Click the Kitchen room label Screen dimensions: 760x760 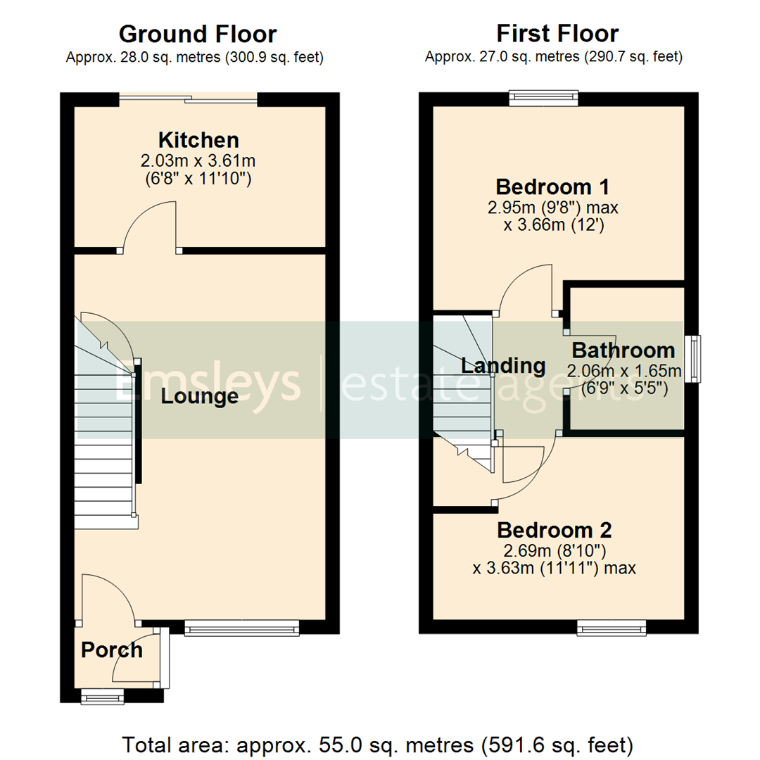(x=198, y=139)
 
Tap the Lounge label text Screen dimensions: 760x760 (x=200, y=397)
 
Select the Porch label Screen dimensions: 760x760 (x=112, y=650)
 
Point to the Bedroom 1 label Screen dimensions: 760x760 (x=552, y=187)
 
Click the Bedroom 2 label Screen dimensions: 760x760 (x=555, y=529)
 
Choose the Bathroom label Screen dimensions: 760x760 (x=623, y=350)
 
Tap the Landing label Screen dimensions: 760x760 (x=503, y=365)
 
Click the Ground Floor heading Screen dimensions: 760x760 (x=198, y=34)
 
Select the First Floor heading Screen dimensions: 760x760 (x=557, y=34)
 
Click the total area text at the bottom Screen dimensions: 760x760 (x=379, y=744)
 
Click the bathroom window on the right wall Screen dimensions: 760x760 (x=696, y=359)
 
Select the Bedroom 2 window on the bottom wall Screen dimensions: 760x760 (x=612, y=627)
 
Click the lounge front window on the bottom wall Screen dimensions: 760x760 (x=241, y=627)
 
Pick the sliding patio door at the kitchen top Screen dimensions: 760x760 (x=189, y=99)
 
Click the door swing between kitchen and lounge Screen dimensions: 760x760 (x=151, y=227)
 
